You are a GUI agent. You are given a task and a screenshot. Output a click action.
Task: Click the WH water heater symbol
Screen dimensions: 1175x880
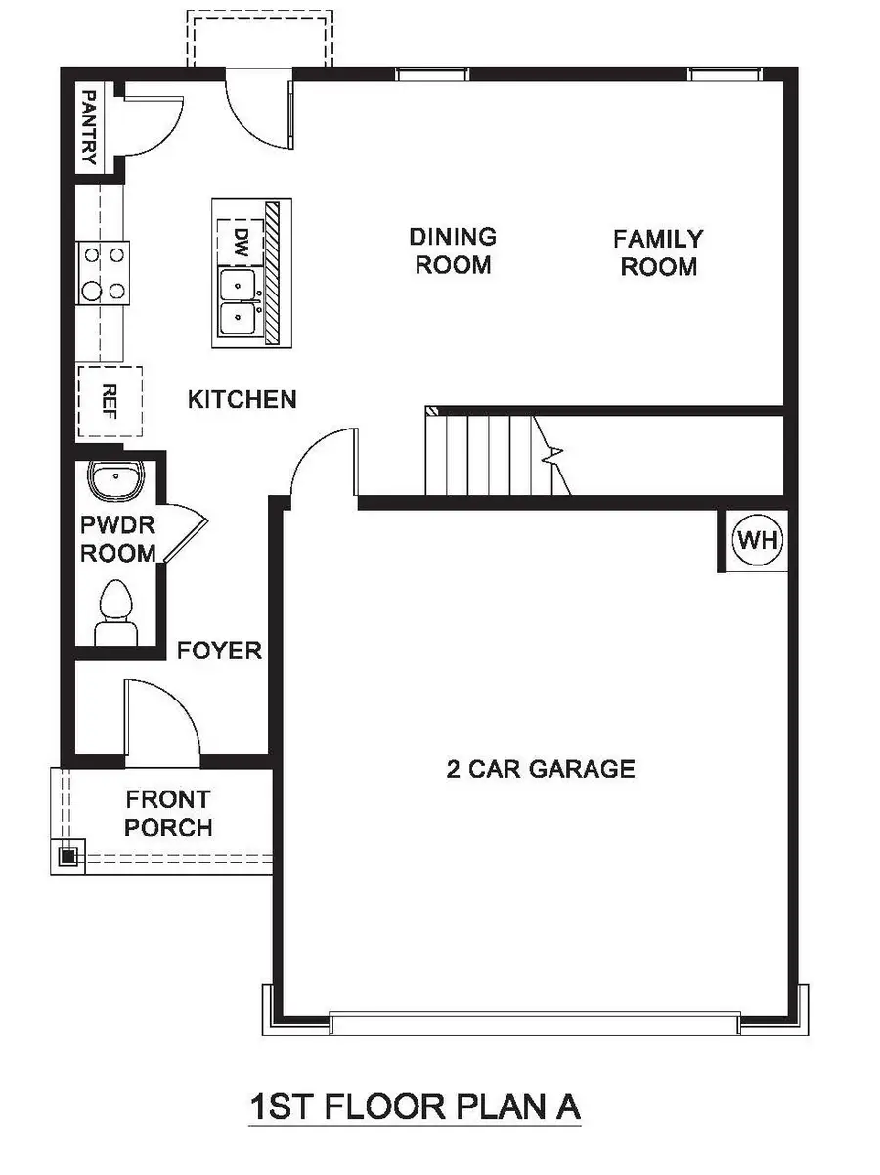coord(760,539)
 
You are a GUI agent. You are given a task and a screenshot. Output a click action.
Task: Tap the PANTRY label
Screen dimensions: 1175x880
coord(89,127)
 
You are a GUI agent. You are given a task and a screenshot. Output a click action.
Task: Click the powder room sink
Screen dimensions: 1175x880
coord(115,480)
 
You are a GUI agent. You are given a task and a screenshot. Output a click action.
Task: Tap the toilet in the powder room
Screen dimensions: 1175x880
coord(115,610)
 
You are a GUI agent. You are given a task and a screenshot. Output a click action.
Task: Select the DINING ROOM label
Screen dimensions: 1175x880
coord(453,250)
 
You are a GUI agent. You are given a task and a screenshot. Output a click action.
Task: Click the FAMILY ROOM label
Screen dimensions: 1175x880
coord(658,252)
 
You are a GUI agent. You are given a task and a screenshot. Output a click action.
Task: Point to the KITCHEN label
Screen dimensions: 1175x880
coord(242,399)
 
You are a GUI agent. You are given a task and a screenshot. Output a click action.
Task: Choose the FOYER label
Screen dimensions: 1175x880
coord(219,650)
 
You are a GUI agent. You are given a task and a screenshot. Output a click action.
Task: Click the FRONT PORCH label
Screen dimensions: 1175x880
coord(168,814)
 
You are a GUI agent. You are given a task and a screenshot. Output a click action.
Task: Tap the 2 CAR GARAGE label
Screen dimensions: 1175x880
coord(541,769)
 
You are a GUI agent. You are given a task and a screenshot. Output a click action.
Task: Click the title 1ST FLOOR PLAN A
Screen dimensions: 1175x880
coord(415,1107)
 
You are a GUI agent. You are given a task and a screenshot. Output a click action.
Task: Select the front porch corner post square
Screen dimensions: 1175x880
coord(67,856)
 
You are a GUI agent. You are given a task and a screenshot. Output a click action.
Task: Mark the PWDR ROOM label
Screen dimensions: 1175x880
coord(117,539)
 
